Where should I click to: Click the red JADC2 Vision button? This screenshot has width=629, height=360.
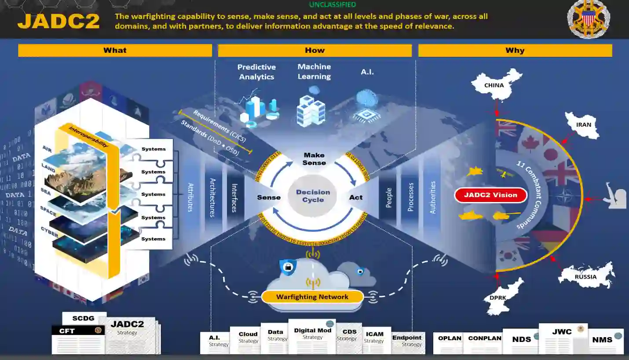coord(490,195)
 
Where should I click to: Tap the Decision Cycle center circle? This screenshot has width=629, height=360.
coord(313,196)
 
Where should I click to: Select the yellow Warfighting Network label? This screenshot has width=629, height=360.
coord(312,297)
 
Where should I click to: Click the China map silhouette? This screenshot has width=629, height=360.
coord(495,84)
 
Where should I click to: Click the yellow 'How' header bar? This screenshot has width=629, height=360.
coord(314,51)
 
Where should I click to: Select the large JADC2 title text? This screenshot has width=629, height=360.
coord(59,21)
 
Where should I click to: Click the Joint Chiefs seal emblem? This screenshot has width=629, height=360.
coord(588,18)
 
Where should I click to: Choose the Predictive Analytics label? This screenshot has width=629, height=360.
coord(256,72)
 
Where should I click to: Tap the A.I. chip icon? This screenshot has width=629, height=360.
coord(367,106)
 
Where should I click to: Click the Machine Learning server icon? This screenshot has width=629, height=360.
coord(311,108)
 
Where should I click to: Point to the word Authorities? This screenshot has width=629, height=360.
coord(433,197)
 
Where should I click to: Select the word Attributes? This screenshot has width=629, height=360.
coord(190,197)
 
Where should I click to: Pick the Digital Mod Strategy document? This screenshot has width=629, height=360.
coord(312,336)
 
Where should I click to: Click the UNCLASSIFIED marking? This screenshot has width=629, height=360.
coord(332,5)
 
